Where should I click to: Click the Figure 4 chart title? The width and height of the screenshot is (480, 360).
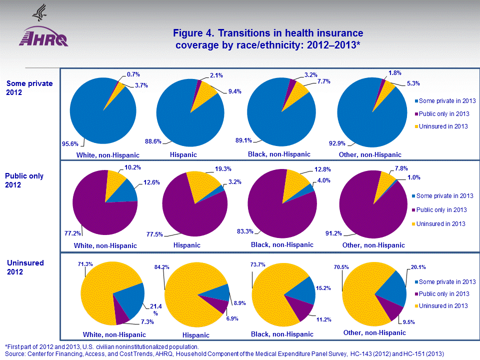[x=267, y=39]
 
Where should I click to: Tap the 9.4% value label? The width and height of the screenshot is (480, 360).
[x=234, y=91]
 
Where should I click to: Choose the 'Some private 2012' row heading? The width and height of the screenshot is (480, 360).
[x=29, y=88]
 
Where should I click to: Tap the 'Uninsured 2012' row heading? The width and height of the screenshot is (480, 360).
[x=25, y=267]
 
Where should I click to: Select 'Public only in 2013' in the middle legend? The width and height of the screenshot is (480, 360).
[x=441, y=209]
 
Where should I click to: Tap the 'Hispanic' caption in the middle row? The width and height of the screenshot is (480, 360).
[x=187, y=245]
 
